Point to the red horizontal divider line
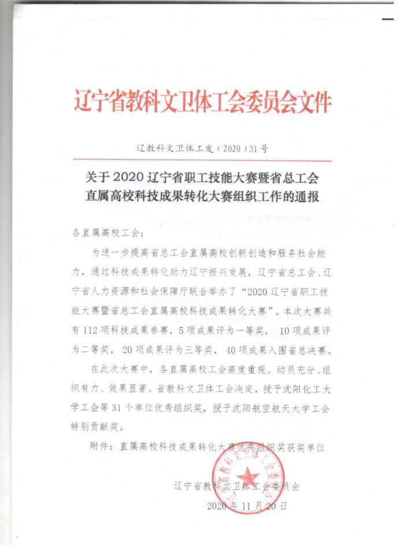pyautogui.click(x=203, y=160)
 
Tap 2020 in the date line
pyautogui.click(x=218, y=505)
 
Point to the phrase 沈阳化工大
pyautogui.click(x=303, y=388)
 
